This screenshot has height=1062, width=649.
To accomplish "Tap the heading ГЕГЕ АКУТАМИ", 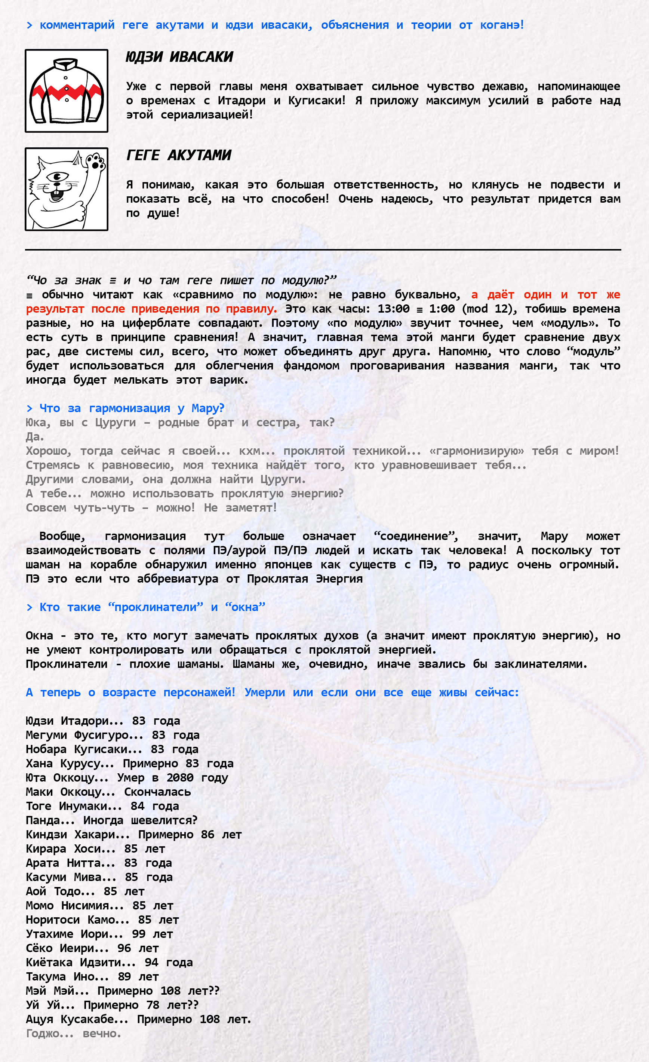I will pos(178,155).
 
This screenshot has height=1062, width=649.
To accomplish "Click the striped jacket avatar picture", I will pos(67,91).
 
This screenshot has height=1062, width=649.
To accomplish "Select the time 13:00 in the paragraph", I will pos(393,309).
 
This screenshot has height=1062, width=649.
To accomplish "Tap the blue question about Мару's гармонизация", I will pos(125,408).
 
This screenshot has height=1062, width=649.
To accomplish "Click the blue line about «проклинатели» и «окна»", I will pos(146,607).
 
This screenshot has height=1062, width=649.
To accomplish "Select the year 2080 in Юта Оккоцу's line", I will pos(180,777).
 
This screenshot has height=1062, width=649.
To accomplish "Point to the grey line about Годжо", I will pos(73,1034).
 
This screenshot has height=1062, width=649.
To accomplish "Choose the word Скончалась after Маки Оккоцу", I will pos(157,792).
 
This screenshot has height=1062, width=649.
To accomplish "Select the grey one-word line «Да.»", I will pos(35,437).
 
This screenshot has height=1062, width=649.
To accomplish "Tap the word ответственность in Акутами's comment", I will pos(386,185).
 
